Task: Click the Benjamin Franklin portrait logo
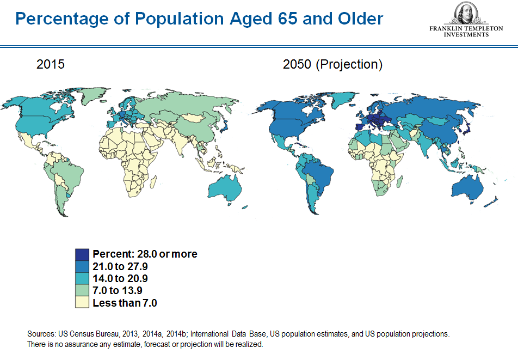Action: (x=466, y=13)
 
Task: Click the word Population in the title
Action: (x=180, y=19)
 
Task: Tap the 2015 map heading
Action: (x=50, y=64)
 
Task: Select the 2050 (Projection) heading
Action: (x=332, y=64)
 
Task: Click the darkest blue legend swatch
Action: (x=82, y=254)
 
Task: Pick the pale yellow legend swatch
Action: (x=82, y=302)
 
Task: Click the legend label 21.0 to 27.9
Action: (x=120, y=266)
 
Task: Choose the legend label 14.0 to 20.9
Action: (x=120, y=278)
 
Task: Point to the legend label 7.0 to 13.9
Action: (x=118, y=290)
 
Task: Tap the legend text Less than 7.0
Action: (x=125, y=303)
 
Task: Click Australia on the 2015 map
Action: (x=225, y=188)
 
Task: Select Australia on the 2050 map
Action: (x=467, y=187)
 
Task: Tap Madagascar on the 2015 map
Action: (x=153, y=181)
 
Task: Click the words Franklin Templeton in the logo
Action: (x=466, y=28)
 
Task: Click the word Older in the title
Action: (x=360, y=19)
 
